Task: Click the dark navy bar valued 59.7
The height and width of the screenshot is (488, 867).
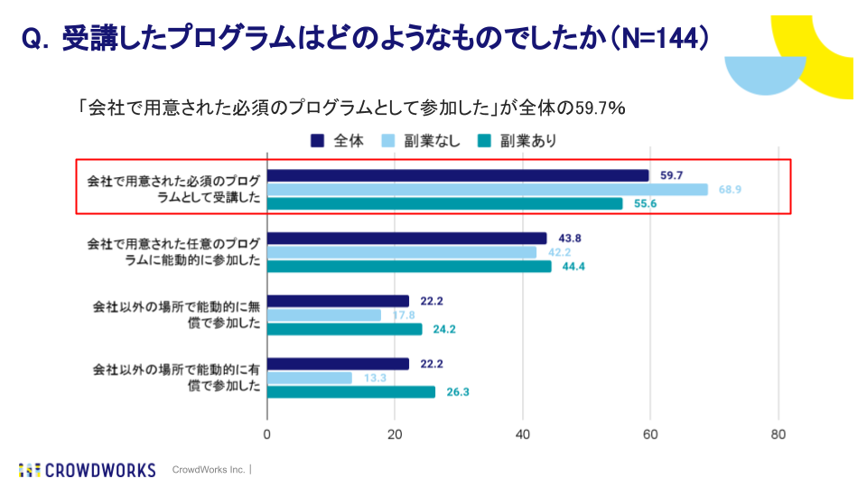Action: coord(458,175)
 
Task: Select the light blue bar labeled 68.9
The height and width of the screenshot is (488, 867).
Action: coord(488,190)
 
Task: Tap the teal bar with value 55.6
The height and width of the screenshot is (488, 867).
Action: coord(445,203)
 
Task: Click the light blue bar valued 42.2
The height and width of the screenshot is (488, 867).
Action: coord(402,252)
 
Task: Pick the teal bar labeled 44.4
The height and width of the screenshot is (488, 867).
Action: coord(409,267)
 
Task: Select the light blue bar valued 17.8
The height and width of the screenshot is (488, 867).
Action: coord(324,315)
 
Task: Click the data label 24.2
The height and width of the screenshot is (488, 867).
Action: coord(443,330)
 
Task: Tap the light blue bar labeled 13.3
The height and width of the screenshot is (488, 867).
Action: coord(310,378)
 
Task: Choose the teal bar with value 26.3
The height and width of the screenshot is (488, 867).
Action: coord(351,392)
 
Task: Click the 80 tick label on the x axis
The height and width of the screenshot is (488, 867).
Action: coord(778,435)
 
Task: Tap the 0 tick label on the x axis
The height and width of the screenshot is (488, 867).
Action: coord(267,435)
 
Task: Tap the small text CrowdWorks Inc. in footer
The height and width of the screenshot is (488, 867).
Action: coord(209,470)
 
